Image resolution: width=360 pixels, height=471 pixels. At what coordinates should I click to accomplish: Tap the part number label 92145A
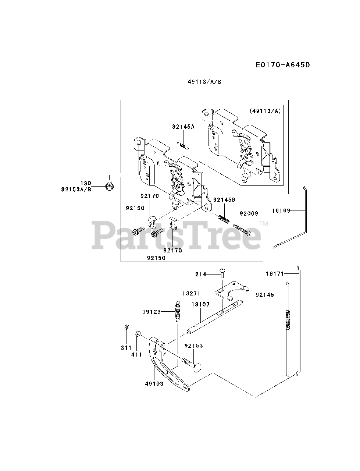(x=183, y=127)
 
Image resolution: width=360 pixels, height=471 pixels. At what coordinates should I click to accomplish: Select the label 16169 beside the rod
(x=281, y=211)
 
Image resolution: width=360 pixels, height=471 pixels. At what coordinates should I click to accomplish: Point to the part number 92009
(x=249, y=213)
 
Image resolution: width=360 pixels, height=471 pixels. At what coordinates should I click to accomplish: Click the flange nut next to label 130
(x=109, y=186)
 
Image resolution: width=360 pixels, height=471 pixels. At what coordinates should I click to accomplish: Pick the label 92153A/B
(x=76, y=190)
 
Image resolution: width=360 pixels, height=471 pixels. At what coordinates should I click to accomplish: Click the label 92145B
(x=224, y=200)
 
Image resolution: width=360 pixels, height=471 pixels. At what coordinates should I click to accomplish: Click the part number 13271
(x=191, y=293)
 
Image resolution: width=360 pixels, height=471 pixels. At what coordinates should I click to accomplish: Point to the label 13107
(x=200, y=305)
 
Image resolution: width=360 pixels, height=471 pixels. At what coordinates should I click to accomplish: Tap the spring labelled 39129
(x=178, y=311)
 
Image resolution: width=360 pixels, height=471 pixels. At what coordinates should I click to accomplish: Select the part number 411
(x=136, y=355)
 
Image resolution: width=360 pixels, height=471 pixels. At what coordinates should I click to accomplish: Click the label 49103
(x=154, y=383)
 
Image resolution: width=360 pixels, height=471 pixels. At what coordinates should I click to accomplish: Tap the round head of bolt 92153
(x=199, y=367)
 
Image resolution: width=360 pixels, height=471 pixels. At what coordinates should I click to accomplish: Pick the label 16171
(x=275, y=273)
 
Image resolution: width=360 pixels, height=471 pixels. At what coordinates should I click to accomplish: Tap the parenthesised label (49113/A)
(x=264, y=111)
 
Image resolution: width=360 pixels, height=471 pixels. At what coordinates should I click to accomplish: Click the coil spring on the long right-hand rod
(x=289, y=319)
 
